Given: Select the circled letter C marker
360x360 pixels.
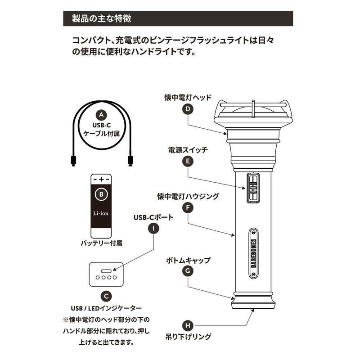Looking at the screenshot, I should (x=105, y=296).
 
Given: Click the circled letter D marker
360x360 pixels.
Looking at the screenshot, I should (x=188, y=109).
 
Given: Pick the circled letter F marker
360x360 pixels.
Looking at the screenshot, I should (x=188, y=208).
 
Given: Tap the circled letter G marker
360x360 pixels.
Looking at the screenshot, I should (x=188, y=271).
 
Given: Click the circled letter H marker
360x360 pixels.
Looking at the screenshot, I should (x=188, y=325).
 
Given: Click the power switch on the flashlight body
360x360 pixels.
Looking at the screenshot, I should (x=253, y=187).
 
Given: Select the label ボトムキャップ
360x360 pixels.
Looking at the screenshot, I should (x=188, y=260).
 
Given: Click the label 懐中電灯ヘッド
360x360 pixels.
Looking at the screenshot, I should (x=188, y=97).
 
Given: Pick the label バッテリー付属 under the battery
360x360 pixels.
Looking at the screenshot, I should (x=101, y=243).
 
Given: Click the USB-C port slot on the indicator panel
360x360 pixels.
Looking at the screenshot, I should (x=105, y=271).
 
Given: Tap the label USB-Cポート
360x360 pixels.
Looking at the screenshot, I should (x=153, y=217).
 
